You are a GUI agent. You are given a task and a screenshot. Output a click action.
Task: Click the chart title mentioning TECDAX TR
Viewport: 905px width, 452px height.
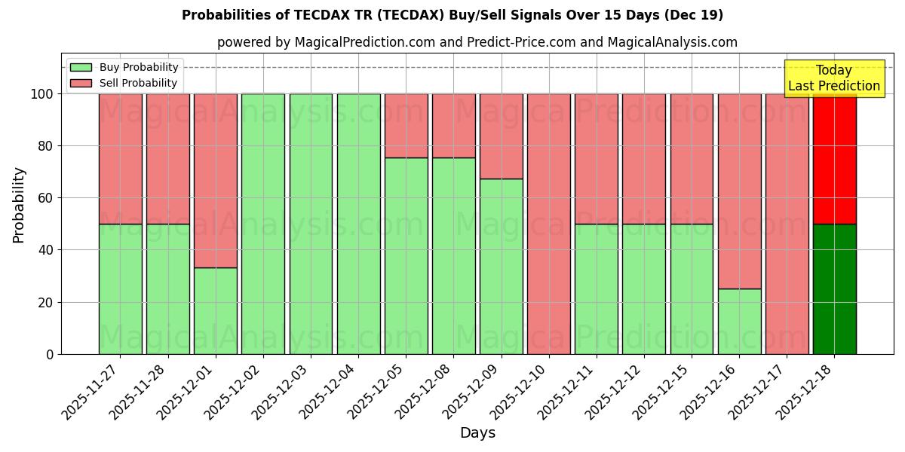tap(452, 15)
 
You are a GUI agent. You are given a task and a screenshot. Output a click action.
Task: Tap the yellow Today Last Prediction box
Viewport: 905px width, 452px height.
tap(833, 78)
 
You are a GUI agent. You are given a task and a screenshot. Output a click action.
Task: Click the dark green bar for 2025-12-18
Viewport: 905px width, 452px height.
tap(834, 289)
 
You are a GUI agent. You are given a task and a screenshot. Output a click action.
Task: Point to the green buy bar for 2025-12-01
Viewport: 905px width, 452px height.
tap(215, 310)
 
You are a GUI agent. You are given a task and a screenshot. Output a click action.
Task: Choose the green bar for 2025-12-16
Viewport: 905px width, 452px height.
tap(739, 321)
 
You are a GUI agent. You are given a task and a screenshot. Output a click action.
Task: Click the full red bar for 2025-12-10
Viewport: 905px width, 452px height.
tap(549, 224)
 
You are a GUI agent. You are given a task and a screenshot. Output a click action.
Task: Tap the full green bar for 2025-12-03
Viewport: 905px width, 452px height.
tap(311, 224)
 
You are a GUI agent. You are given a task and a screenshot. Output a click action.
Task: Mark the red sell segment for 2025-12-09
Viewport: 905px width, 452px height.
tap(501, 136)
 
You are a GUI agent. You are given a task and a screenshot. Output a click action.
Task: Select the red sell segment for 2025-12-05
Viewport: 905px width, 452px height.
tap(406, 126)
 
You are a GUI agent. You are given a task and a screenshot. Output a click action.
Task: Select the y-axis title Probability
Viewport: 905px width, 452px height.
tap(19, 204)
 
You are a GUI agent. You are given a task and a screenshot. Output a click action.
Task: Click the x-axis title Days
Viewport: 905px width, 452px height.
tap(477, 433)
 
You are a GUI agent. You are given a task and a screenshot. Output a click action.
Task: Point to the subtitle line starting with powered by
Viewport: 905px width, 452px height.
tap(477, 42)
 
